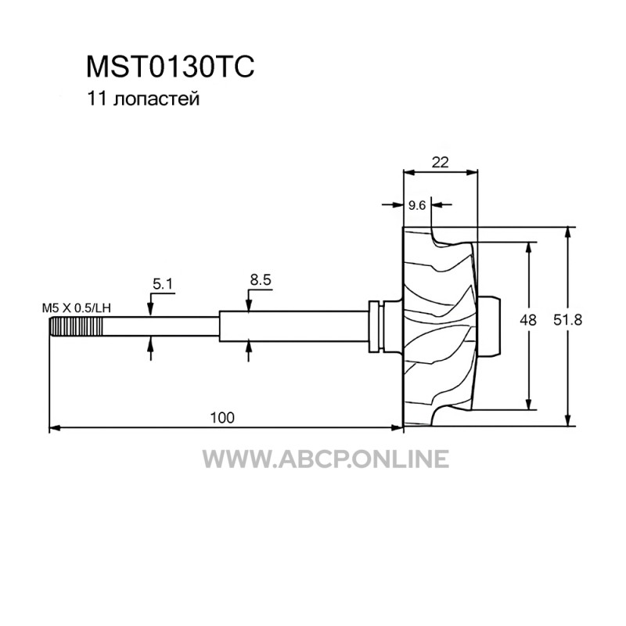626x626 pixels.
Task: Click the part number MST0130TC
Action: click(x=170, y=67)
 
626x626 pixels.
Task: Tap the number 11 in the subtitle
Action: click(x=96, y=99)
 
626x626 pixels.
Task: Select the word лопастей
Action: click(x=156, y=99)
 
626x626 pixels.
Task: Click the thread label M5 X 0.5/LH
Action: click(x=77, y=308)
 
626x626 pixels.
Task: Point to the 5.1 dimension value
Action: click(x=163, y=284)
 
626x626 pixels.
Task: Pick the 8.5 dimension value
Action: click(x=261, y=280)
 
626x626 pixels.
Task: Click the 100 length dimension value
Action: click(x=222, y=418)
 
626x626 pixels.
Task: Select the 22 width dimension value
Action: click(x=440, y=162)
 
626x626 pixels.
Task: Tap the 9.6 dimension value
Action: click(x=417, y=205)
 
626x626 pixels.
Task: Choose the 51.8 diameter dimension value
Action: click(x=568, y=320)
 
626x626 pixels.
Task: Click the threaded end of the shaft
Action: click(x=76, y=326)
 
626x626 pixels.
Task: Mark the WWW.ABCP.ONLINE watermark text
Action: click(x=326, y=459)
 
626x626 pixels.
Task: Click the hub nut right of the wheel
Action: click(x=488, y=326)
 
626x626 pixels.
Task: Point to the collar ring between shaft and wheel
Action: click(x=376, y=326)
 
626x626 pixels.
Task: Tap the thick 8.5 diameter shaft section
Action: click(x=293, y=326)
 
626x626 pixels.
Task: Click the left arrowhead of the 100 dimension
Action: click(x=54, y=428)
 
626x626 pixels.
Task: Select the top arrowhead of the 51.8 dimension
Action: click(x=567, y=232)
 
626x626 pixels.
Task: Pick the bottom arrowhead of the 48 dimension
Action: click(x=529, y=405)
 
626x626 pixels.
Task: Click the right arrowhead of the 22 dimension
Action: click(x=473, y=172)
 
